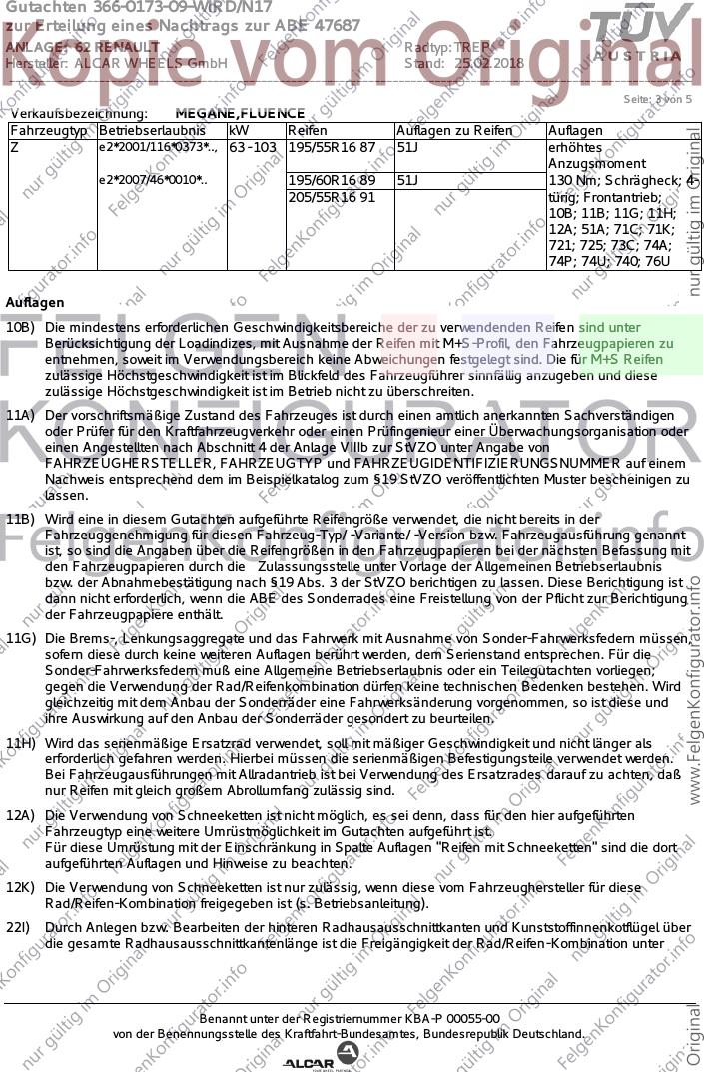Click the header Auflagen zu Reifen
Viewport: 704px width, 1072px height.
pos(454,131)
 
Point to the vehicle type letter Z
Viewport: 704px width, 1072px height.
pos(14,148)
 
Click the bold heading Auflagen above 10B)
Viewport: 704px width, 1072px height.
pos(35,302)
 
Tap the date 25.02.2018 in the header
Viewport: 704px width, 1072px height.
pos(489,63)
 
